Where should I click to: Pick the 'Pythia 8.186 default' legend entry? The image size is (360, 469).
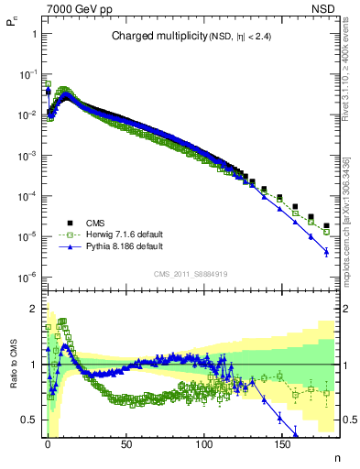(114, 247)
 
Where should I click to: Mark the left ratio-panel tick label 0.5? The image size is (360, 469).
(27, 420)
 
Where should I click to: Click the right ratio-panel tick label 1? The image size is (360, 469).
(346, 365)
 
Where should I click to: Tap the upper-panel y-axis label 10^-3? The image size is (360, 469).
(27, 155)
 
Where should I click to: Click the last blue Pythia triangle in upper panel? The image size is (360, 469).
(326, 252)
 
